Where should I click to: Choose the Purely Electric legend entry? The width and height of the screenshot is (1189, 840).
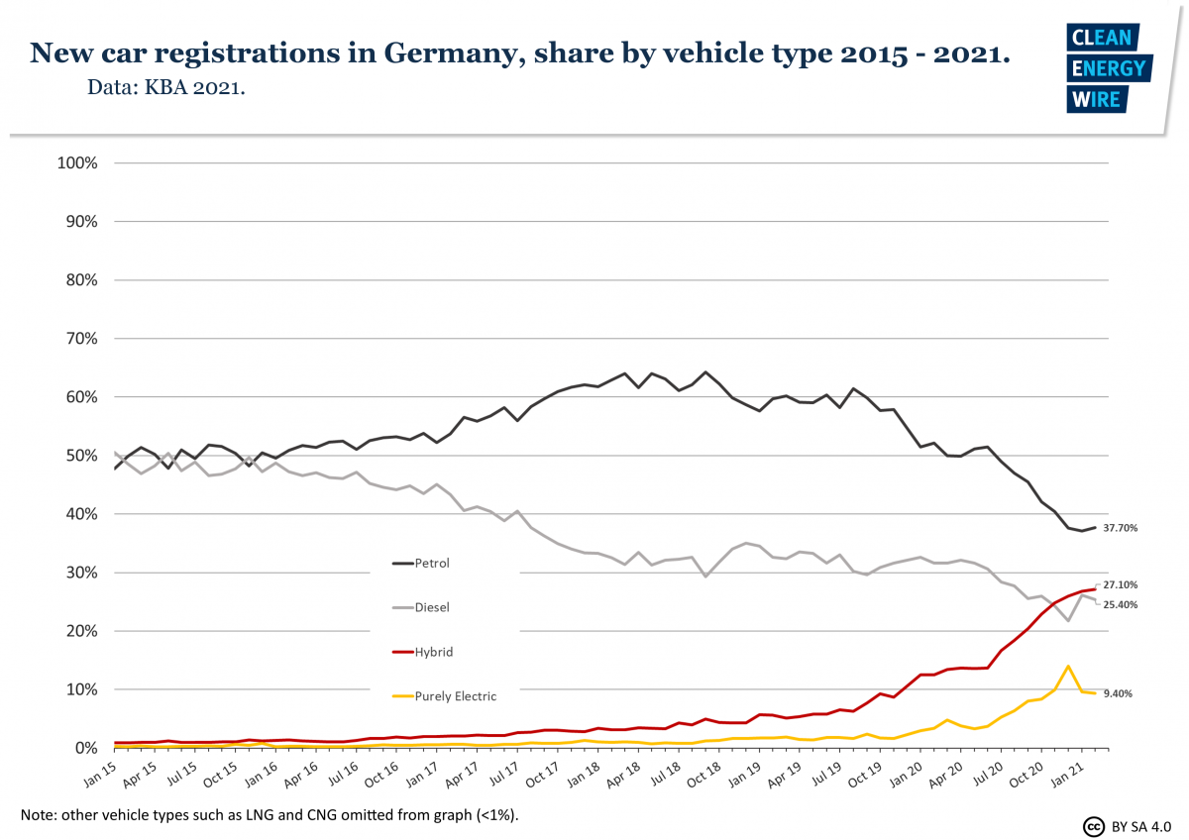[456, 696]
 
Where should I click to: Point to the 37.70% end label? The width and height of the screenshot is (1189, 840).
[1120, 528]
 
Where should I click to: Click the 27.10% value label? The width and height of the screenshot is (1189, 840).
[1120, 585]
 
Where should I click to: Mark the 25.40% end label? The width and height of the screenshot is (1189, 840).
[1120, 604]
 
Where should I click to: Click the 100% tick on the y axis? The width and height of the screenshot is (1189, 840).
[77, 162]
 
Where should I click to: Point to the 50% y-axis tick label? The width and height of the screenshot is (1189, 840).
[81, 456]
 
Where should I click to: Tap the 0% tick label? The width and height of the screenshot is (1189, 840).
[85, 748]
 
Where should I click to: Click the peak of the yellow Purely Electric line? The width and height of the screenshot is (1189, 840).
[1068, 666]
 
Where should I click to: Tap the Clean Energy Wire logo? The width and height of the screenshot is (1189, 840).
[1107, 68]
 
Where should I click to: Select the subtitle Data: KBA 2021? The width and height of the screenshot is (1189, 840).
[166, 87]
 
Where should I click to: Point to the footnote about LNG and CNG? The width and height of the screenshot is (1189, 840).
[269, 814]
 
